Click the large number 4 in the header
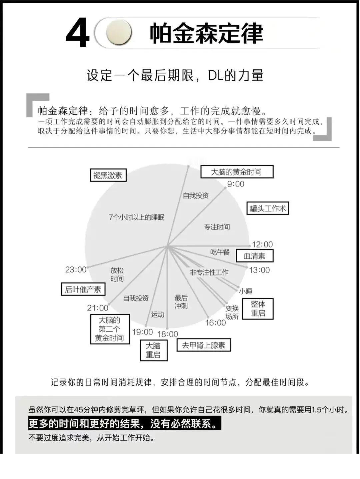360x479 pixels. pyautogui.click(x=78, y=33)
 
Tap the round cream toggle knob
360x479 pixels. pyautogui.click(x=119, y=32)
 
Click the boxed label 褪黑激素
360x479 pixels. pyautogui.click(x=108, y=175)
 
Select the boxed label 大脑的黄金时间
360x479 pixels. pyautogui.click(x=237, y=172)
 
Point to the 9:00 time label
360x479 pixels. pyautogui.click(x=236, y=184)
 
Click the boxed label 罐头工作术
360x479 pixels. pyautogui.click(x=268, y=208)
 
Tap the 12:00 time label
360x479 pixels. pyautogui.click(x=262, y=245)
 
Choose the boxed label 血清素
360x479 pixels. pyautogui.click(x=254, y=256)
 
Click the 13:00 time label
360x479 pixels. pyautogui.click(x=259, y=270)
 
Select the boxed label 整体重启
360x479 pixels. pyautogui.click(x=258, y=309)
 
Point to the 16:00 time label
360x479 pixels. pyautogui.click(x=215, y=323)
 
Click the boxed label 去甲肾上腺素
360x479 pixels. pyautogui.click(x=204, y=345)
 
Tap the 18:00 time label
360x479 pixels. pyautogui.click(x=168, y=334)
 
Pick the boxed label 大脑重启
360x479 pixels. pyautogui.click(x=154, y=350)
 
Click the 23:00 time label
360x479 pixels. pyautogui.click(x=76, y=270)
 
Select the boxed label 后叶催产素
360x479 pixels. pyautogui.click(x=83, y=289)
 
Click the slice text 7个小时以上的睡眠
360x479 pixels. pyautogui.click(x=136, y=217)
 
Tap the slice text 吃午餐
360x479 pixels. pyautogui.click(x=220, y=252)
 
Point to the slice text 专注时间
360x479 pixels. pyautogui.click(x=217, y=227)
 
